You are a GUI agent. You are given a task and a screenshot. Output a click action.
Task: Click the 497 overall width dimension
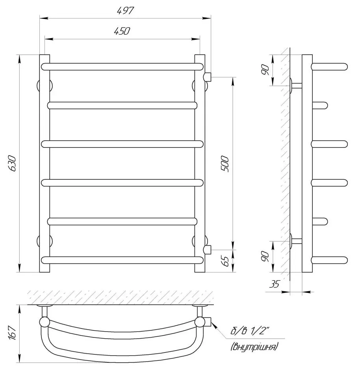pos(126,11)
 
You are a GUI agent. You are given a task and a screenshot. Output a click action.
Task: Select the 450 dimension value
pos(122,32)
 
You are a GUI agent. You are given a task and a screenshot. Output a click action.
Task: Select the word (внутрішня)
pos(254,347)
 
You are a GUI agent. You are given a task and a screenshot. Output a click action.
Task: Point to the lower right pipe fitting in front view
pos(208,249)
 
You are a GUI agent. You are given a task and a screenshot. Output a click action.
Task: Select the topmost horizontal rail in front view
pos(123,67)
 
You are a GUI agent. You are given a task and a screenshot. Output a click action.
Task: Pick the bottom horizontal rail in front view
pos(123,260)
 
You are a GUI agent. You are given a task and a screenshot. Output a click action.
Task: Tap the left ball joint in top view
pos(44,323)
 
